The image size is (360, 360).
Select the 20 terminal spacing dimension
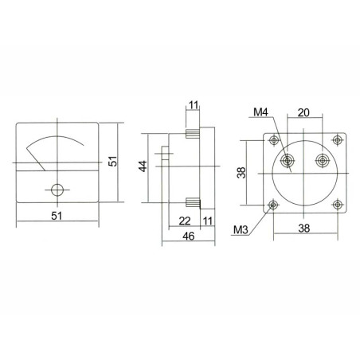point(303,113)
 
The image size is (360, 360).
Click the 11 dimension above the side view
point(194,104)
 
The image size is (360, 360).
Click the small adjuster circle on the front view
point(57,190)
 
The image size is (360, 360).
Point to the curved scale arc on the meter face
point(56,139)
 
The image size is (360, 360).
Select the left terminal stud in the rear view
point(288,160)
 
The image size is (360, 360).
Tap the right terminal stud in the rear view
point(323,161)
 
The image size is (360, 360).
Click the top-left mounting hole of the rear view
point(274,141)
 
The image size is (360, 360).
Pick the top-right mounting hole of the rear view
point(337,141)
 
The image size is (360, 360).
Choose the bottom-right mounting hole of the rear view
point(337,205)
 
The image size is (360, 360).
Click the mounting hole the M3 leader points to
point(274,205)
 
